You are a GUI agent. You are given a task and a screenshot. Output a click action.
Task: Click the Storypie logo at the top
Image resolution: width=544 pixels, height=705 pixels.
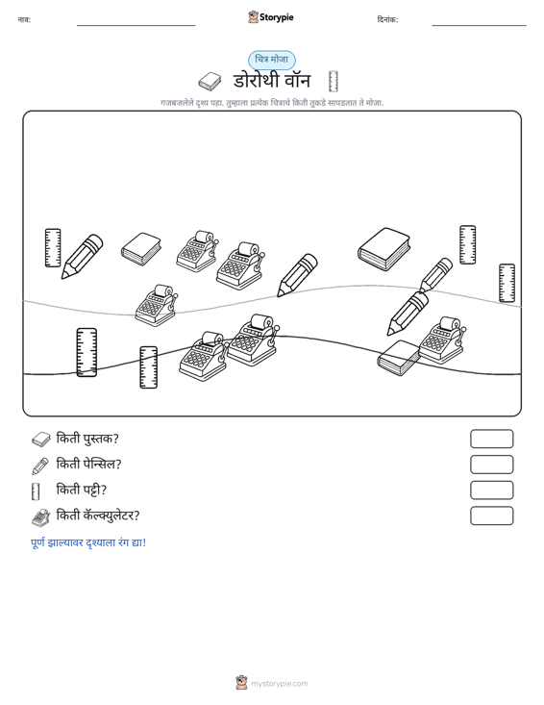[x=271, y=17]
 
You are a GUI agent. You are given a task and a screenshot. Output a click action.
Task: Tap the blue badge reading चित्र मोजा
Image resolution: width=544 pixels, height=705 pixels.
[x=272, y=60]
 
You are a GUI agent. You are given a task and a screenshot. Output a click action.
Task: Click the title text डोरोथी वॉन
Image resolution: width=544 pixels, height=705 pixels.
[x=272, y=81]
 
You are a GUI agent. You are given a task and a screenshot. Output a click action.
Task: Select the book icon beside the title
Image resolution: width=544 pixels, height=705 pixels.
[x=210, y=82]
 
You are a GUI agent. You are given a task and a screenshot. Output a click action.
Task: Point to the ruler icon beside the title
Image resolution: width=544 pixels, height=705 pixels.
[x=333, y=81]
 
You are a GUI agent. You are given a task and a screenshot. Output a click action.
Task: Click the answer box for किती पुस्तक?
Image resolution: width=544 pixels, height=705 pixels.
[x=491, y=439]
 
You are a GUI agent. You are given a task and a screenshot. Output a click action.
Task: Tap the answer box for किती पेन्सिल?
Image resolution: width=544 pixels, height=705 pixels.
[x=491, y=465]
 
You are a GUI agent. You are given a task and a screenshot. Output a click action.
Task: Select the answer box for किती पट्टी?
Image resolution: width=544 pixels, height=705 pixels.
[x=491, y=491]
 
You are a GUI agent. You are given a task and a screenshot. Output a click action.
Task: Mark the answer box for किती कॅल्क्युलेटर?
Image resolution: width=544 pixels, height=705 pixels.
[x=491, y=516]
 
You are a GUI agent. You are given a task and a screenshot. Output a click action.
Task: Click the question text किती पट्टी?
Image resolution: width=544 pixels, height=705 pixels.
[x=82, y=490]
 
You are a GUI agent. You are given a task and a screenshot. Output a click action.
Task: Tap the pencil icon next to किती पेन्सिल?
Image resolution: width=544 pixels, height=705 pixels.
[x=40, y=466]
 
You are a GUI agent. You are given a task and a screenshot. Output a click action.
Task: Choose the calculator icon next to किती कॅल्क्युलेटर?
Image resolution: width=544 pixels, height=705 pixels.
[x=41, y=517]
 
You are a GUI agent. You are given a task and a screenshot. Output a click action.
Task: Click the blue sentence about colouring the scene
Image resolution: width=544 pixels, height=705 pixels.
[x=88, y=542]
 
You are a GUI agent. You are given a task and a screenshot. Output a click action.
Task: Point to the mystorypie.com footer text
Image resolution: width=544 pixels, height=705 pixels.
[x=279, y=684]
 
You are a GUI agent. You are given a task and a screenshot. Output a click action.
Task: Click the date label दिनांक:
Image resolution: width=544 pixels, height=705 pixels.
[x=387, y=19]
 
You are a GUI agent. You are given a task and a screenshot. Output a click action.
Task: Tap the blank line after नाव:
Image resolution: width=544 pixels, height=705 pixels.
[x=136, y=25]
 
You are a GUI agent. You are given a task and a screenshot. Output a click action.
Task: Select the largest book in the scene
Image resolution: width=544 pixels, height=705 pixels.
[x=384, y=249]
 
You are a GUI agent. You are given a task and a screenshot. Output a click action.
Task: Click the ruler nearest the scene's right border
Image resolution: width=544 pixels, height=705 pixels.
[x=507, y=283]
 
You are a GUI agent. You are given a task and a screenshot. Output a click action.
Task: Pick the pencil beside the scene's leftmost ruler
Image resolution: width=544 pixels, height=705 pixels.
[x=82, y=256]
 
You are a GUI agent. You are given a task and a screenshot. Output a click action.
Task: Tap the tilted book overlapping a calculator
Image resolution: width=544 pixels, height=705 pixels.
[x=398, y=358]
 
